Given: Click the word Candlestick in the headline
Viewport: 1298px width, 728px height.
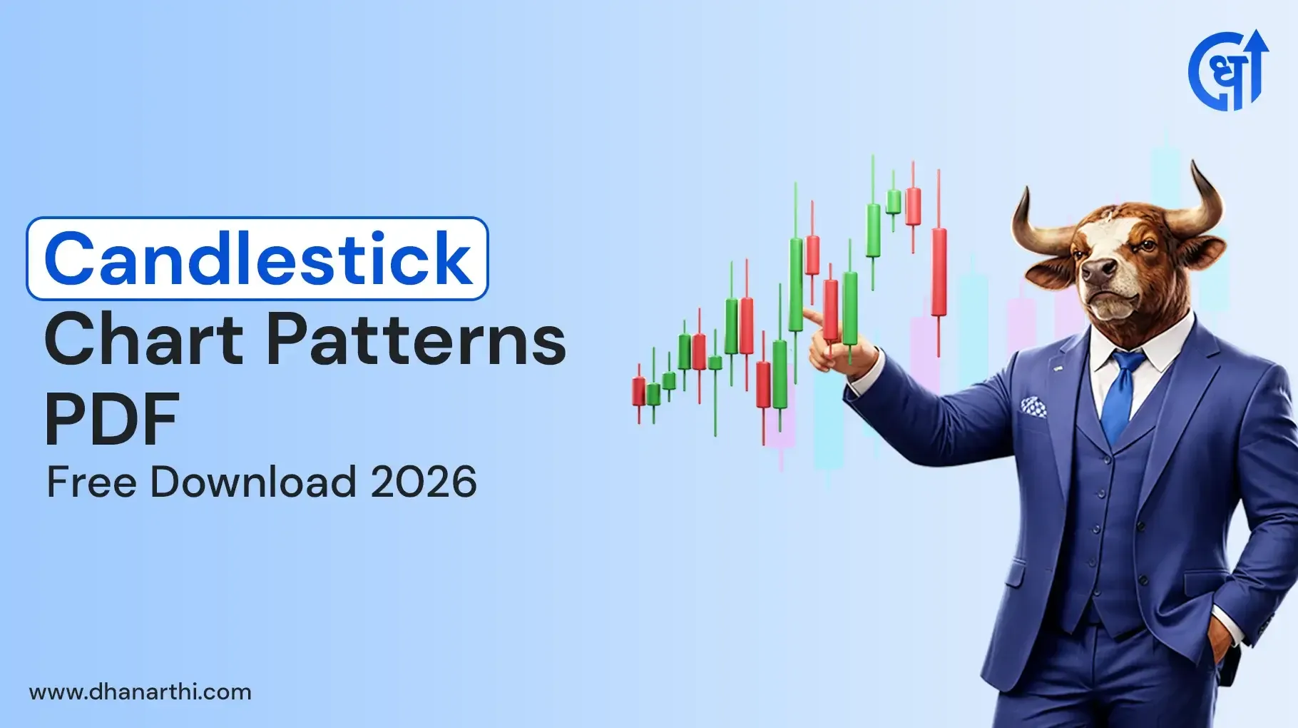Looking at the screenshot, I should pyautogui.click(x=257, y=258).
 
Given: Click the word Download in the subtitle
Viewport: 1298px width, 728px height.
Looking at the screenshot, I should pyautogui.click(x=253, y=482).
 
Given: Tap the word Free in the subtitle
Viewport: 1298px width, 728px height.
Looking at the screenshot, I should pyautogui.click(x=91, y=482).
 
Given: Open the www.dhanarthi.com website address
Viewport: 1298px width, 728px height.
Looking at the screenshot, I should pyautogui.click(x=140, y=692).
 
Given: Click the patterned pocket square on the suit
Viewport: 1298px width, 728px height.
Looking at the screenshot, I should pyautogui.click(x=1033, y=407).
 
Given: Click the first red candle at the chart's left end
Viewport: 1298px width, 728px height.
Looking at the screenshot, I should pyautogui.click(x=638, y=392).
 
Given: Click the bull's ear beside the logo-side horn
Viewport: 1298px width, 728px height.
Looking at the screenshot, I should pyautogui.click(x=1203, y=251).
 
